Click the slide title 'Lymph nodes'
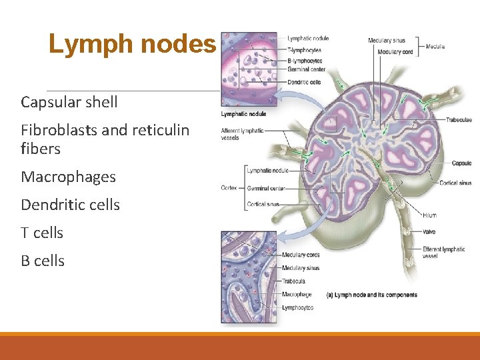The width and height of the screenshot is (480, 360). [132, 45]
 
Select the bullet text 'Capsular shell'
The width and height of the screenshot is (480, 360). [69, 102]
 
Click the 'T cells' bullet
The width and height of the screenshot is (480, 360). [42, 233]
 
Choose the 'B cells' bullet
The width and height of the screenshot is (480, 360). [43, 261]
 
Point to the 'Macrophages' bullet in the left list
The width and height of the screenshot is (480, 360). [68, 177]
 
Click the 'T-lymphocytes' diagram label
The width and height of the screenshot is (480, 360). [304, 50]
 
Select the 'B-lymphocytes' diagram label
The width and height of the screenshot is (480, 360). [305, 60]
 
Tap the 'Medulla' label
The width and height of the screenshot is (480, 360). [435, 47]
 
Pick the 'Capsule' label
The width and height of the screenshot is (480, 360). [461, 163]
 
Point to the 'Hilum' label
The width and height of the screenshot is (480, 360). [429, 215]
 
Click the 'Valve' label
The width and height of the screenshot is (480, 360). [429, 231]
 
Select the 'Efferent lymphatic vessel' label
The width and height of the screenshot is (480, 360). [443, 253]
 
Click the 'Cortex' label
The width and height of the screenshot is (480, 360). [229, 188]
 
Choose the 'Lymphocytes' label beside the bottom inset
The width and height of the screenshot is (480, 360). [297, 307]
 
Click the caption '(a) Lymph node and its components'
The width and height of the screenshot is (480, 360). [371, 295]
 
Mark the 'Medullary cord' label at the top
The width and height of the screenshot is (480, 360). [395, 52]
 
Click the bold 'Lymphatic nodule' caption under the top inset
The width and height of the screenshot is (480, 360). [244, 114]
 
